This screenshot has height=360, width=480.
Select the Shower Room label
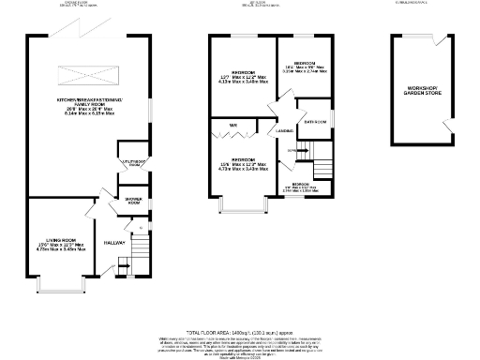click(x=128, y=201)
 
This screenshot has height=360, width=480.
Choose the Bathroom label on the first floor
click(x=315, y=123)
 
